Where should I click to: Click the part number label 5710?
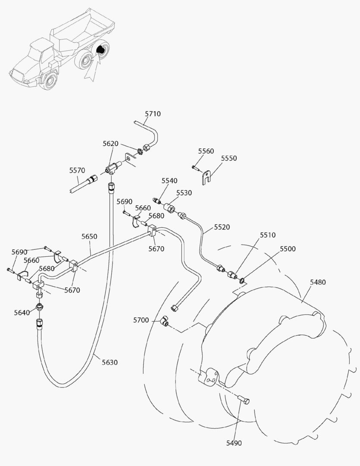coord(153,114)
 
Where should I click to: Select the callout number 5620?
coord(110,143)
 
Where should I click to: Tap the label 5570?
coord(77,170)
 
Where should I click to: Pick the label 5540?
coord(169,180)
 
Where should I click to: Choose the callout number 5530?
coord(184,193)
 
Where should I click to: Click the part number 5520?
coord(222,227)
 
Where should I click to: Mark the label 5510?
coord(268,235)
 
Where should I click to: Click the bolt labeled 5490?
coord(244,401)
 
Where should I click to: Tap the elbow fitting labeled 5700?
coord(164,320)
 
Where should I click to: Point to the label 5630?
coord(110,362)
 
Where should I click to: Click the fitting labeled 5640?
coord(40,307)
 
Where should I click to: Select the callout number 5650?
coord(89,236)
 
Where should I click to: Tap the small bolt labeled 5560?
coord(196,167)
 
